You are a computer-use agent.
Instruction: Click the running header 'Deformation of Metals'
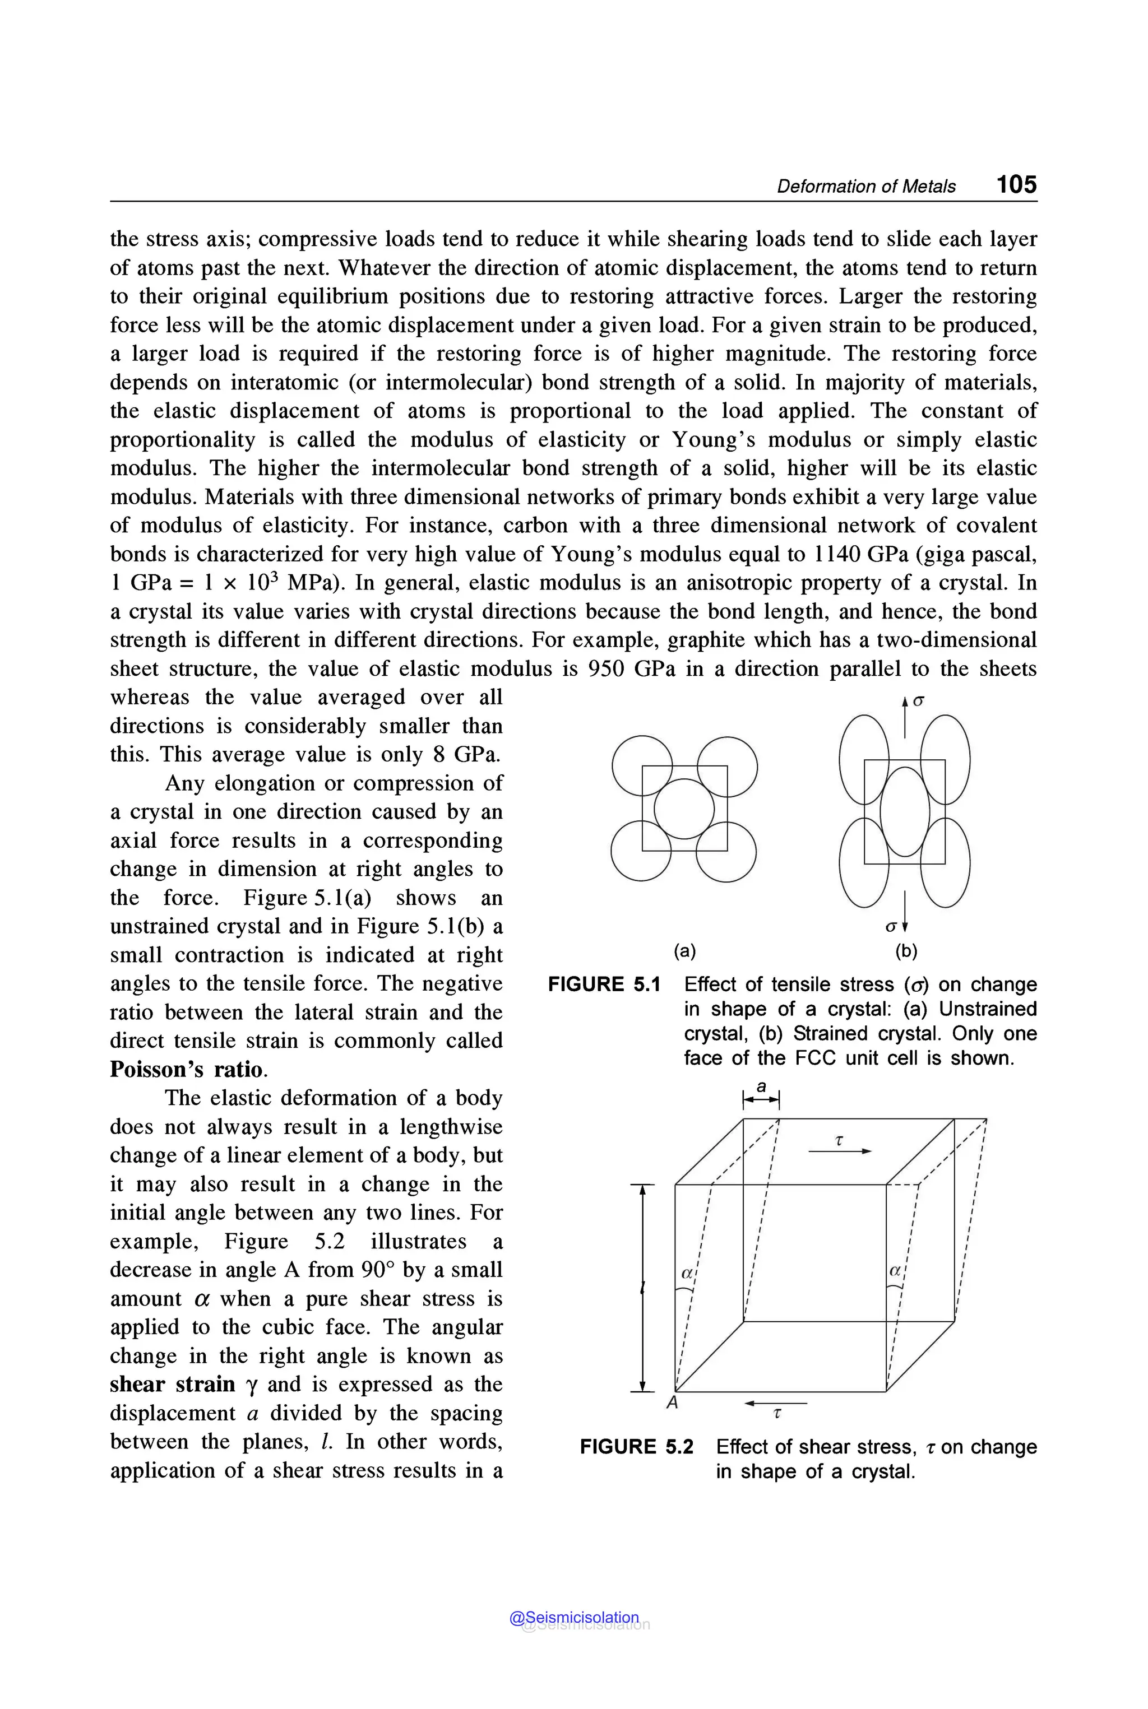(x=865, y=187)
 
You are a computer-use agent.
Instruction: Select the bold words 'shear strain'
(x=172, y=1384)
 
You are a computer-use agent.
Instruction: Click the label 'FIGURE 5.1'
(x=604, y=984)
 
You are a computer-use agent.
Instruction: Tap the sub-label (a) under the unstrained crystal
(x=684, y=951)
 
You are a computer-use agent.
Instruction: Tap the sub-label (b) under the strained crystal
(x=906, y=951)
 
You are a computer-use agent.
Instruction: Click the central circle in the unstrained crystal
(x=684, y=809)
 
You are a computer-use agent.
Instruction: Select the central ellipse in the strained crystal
(x=905, y=811)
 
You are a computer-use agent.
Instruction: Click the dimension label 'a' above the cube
(x=761, y=1087)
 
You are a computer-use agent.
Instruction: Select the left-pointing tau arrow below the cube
(x=775, y=1404)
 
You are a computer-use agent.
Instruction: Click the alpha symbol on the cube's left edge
(x=687, y=1273)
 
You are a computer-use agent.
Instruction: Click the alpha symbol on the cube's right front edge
(x=895, y=1271)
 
